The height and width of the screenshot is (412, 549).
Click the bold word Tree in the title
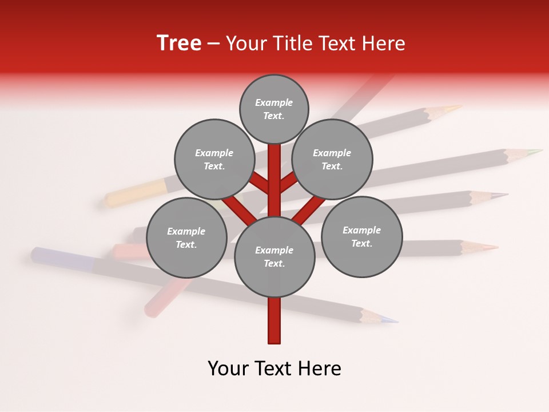(x=179, y=43)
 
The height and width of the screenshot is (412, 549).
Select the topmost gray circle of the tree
(x=274, y=109)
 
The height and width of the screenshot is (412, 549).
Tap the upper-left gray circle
(x=214, y=159)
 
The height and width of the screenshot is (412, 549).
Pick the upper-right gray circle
(x=332, y=159)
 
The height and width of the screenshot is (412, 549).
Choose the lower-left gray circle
(x=186, y=237)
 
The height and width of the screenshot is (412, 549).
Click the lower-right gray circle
(x=361, y=236)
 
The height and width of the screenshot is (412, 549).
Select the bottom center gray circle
(x=274, y=256)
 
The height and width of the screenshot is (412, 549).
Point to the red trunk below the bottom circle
(x=274, y=320)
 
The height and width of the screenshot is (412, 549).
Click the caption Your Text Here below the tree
(x=274, y=369)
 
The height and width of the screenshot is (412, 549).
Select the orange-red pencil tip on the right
(x=486, y=247)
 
